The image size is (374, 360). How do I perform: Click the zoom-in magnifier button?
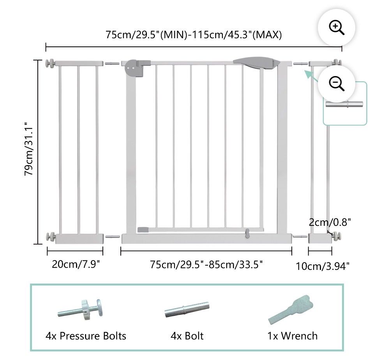(x=336, y=28)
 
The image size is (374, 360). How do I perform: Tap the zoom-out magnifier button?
(x=336, y=84)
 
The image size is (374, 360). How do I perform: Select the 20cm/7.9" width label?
(x=76, y=264)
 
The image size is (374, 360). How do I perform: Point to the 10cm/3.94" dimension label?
(x=323, y=266)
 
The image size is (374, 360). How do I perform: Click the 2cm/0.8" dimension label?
(x=330, y=222)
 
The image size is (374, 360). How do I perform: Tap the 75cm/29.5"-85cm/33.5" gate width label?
(x=206, y=264)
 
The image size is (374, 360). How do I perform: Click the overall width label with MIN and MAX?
(x=194, y=35)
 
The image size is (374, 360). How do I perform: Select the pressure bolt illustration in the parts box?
(x=80, y=310)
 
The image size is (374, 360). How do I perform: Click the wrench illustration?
(x=291, y=310)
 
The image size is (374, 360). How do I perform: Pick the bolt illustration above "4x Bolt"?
(x=187, y=309)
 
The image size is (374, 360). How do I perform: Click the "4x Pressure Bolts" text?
(x=86, y=336)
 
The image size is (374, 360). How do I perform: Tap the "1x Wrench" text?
(x=293, y=336)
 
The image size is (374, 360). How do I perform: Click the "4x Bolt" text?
(x=187, y=336)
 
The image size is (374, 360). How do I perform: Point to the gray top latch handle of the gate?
(x=257, y=62)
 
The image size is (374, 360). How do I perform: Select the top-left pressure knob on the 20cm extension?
(x=50, y=64)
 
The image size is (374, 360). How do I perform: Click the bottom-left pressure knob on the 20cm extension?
(x=51, y=237)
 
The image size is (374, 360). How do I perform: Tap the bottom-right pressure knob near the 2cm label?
(x=337, y=236)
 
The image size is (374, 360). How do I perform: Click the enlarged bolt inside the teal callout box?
(x=344, y=104)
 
